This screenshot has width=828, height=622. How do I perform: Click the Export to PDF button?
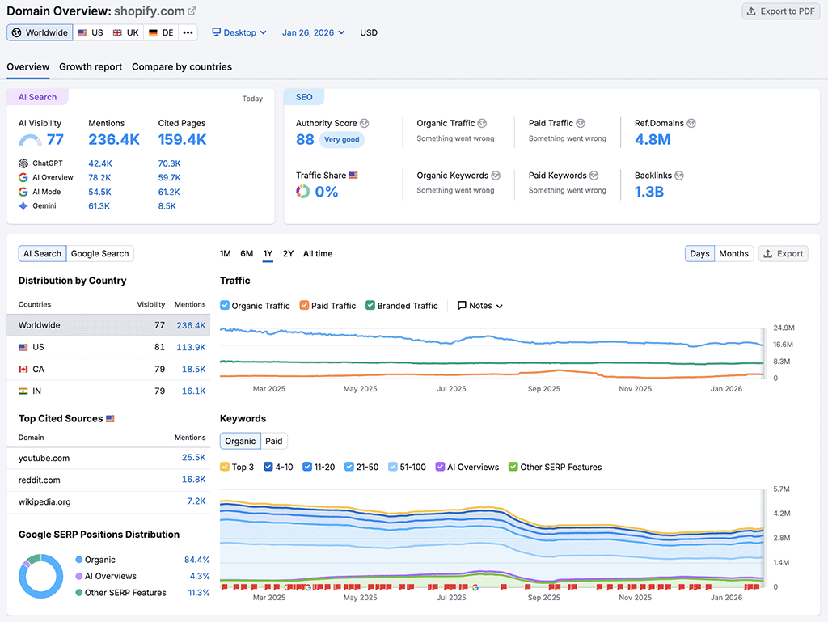(x=781, y=11)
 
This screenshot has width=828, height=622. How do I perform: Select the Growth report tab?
(x=91, y=67)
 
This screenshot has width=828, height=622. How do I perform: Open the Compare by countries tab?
(x=182, y=67)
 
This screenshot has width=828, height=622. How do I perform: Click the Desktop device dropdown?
(x=239, y=32)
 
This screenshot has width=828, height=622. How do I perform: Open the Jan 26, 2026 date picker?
(x=313, y=32)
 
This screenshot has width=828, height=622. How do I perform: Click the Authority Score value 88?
(x=305, y=139)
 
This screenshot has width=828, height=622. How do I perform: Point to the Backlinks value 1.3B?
(x=649, y=192)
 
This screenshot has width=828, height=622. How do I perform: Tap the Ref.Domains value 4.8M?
(x=653, y=139)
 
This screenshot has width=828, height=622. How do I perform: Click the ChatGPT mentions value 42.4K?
(x=100, y=163)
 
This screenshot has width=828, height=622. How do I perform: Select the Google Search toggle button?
(x=99, y=254)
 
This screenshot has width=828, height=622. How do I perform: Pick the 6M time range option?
(x=247, y=254)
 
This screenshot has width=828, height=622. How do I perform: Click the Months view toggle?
(x=733, y=254)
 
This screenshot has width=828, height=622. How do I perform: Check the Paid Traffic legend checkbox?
(x=305, y=306)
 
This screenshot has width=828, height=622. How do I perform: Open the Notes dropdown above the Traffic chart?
(x=480, y=306)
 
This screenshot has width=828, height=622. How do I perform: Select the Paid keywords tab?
(x=274, y=442)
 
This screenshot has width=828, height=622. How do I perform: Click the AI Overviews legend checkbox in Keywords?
(x=441, y=467)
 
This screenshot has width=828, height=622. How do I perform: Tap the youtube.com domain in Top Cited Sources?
(x=44, y=458)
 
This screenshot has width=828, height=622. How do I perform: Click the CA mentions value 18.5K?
(x=193, y=369)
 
